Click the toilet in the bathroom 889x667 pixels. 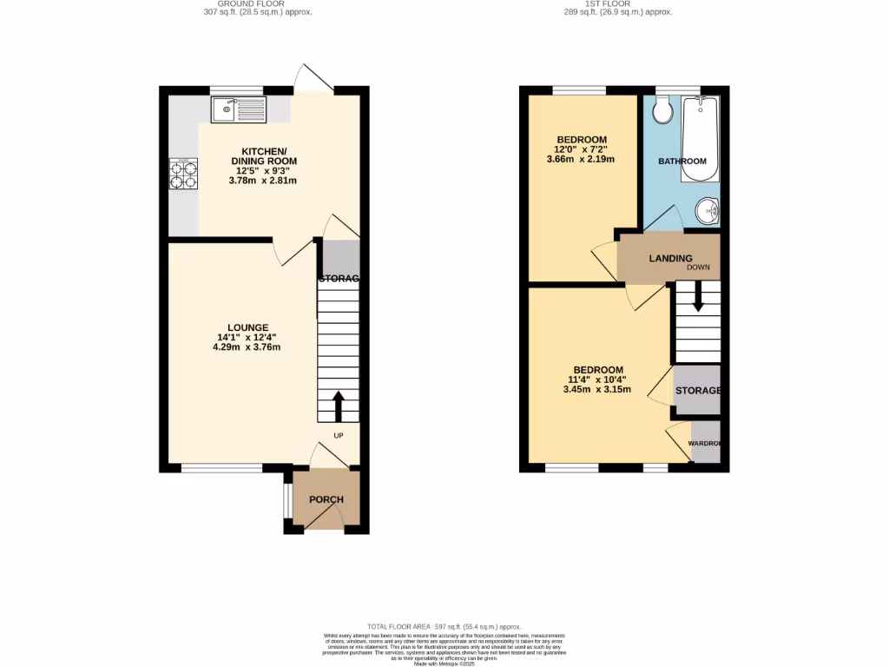(663, 110)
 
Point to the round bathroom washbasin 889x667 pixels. (708, 210)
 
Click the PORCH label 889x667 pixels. (326, 499)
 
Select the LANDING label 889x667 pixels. (670, 258)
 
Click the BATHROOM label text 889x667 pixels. (682, 162)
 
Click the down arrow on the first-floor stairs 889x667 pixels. (698, 299)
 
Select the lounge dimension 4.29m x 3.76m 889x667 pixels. (247, 347)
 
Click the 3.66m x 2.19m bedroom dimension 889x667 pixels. (581, 160)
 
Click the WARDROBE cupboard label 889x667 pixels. (704, 444)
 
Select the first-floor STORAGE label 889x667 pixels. (697, 391)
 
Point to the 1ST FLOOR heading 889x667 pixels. (629, 4)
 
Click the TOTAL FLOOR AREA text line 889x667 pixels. (444, 626)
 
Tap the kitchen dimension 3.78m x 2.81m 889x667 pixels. (263, 181)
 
